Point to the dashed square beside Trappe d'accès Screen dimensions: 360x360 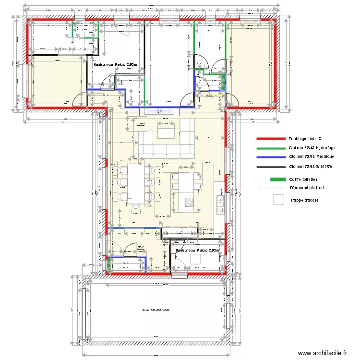278,200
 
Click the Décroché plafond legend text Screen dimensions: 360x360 307,188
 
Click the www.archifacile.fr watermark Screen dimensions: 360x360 323,353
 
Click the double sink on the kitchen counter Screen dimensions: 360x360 221,204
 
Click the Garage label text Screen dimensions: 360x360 156,310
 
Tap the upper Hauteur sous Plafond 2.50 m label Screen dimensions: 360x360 115,64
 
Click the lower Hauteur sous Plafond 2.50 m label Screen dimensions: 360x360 197,250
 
